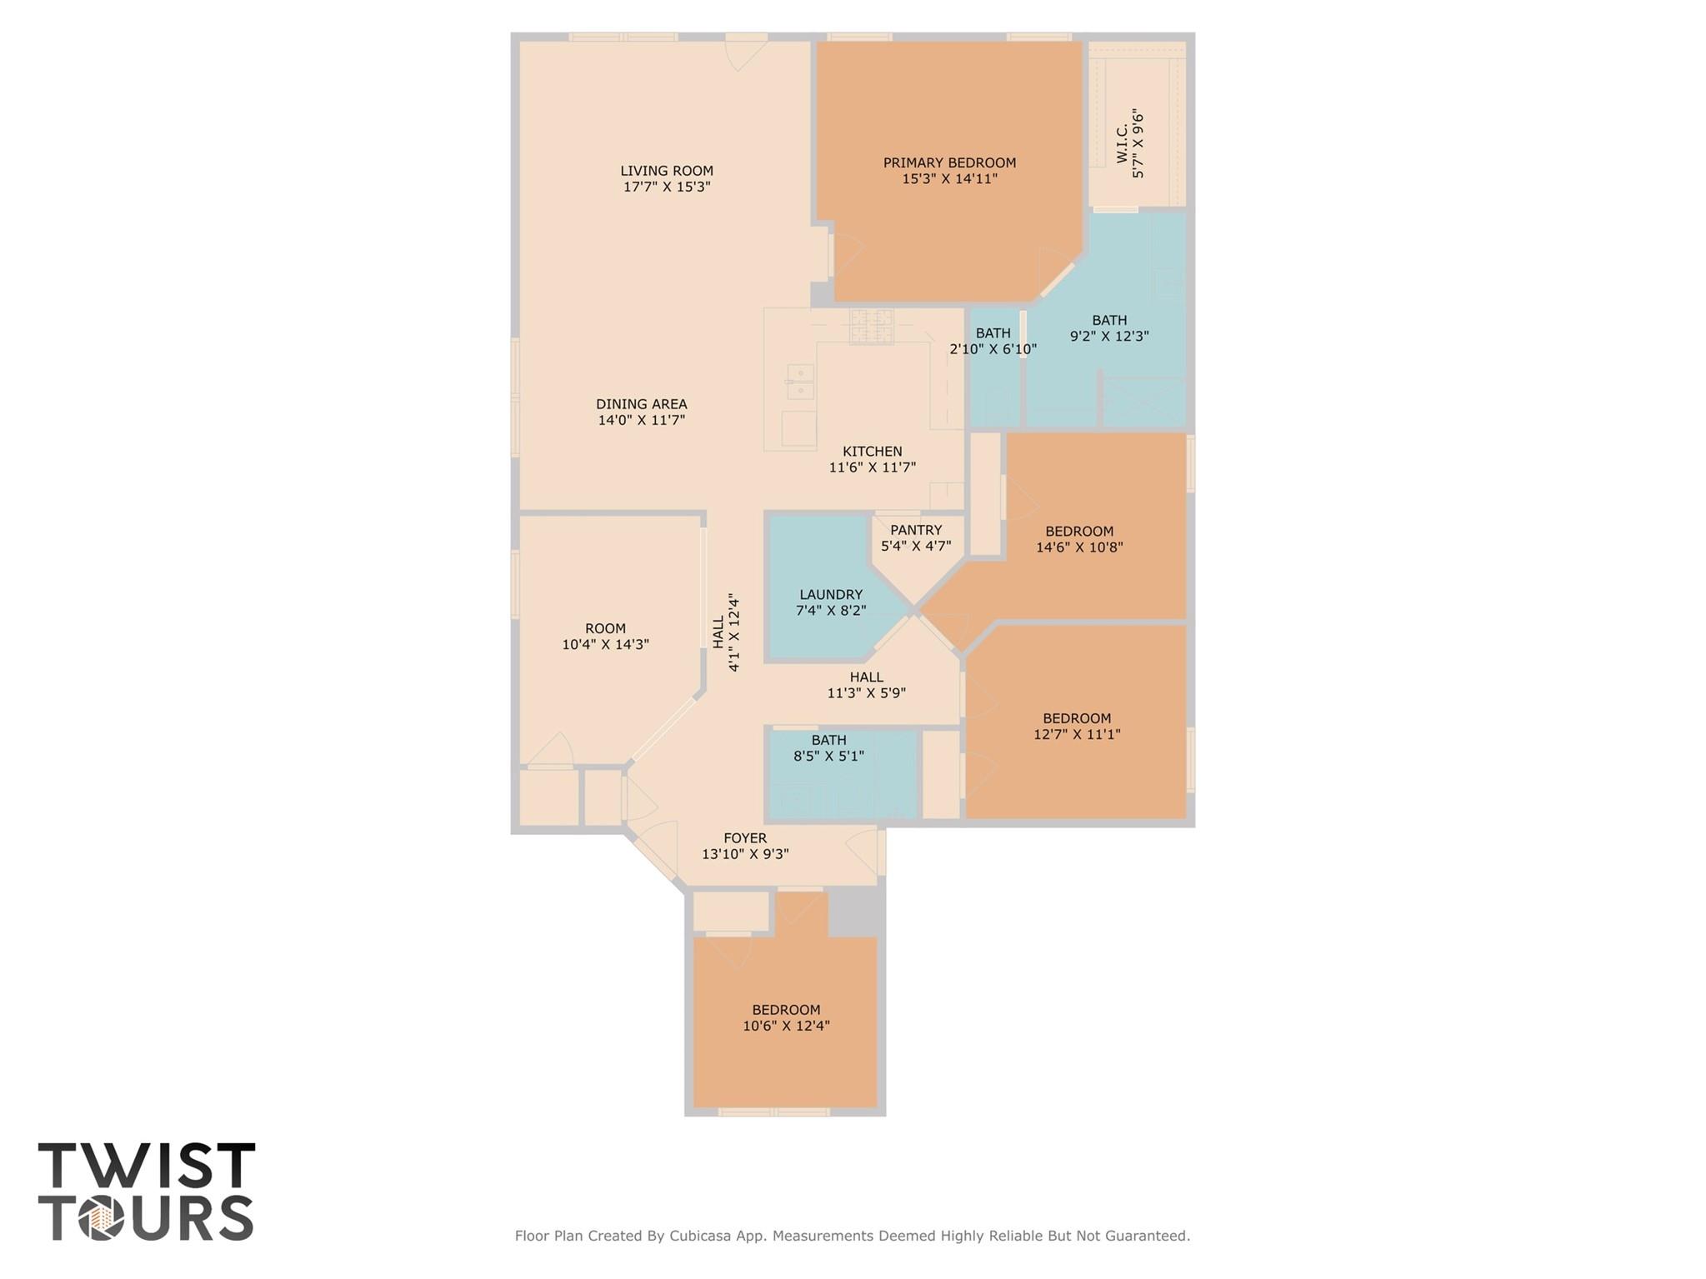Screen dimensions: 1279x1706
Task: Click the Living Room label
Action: pyautogui.click(x=666, y=171)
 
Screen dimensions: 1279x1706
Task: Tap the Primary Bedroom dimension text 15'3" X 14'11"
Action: pyautogui.click(x=949, y=178)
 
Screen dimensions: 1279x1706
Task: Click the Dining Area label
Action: pyautogui.click(x=641, y=404)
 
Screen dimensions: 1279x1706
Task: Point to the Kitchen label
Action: pyautogui.click(x=872, y=452)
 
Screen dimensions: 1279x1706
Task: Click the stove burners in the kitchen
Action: pyautogui.click(x=871, y=326)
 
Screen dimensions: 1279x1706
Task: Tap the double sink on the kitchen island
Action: pyautogui.click(x=800, y=381)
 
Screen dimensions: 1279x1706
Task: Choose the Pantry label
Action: pyautogui.click(x=915, y=530)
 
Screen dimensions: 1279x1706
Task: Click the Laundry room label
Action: pyautogui.click(x=830, y=594)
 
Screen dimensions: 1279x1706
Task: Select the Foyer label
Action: pyautogui.click(x=744, y=837)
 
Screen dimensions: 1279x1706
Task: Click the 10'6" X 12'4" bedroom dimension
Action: pyautogui.click(x=786, y=1026)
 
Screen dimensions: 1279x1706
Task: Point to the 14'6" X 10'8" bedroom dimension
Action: pyautogui.click(x=1079, y=547)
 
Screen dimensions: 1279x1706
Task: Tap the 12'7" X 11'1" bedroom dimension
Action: pyautogui.click(x=1077, y=734)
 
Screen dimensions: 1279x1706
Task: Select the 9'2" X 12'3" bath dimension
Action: pyautogui.click(x=1109, y=337)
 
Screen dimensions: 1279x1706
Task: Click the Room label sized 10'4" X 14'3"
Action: pyautogui.click(x=605, y=628)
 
